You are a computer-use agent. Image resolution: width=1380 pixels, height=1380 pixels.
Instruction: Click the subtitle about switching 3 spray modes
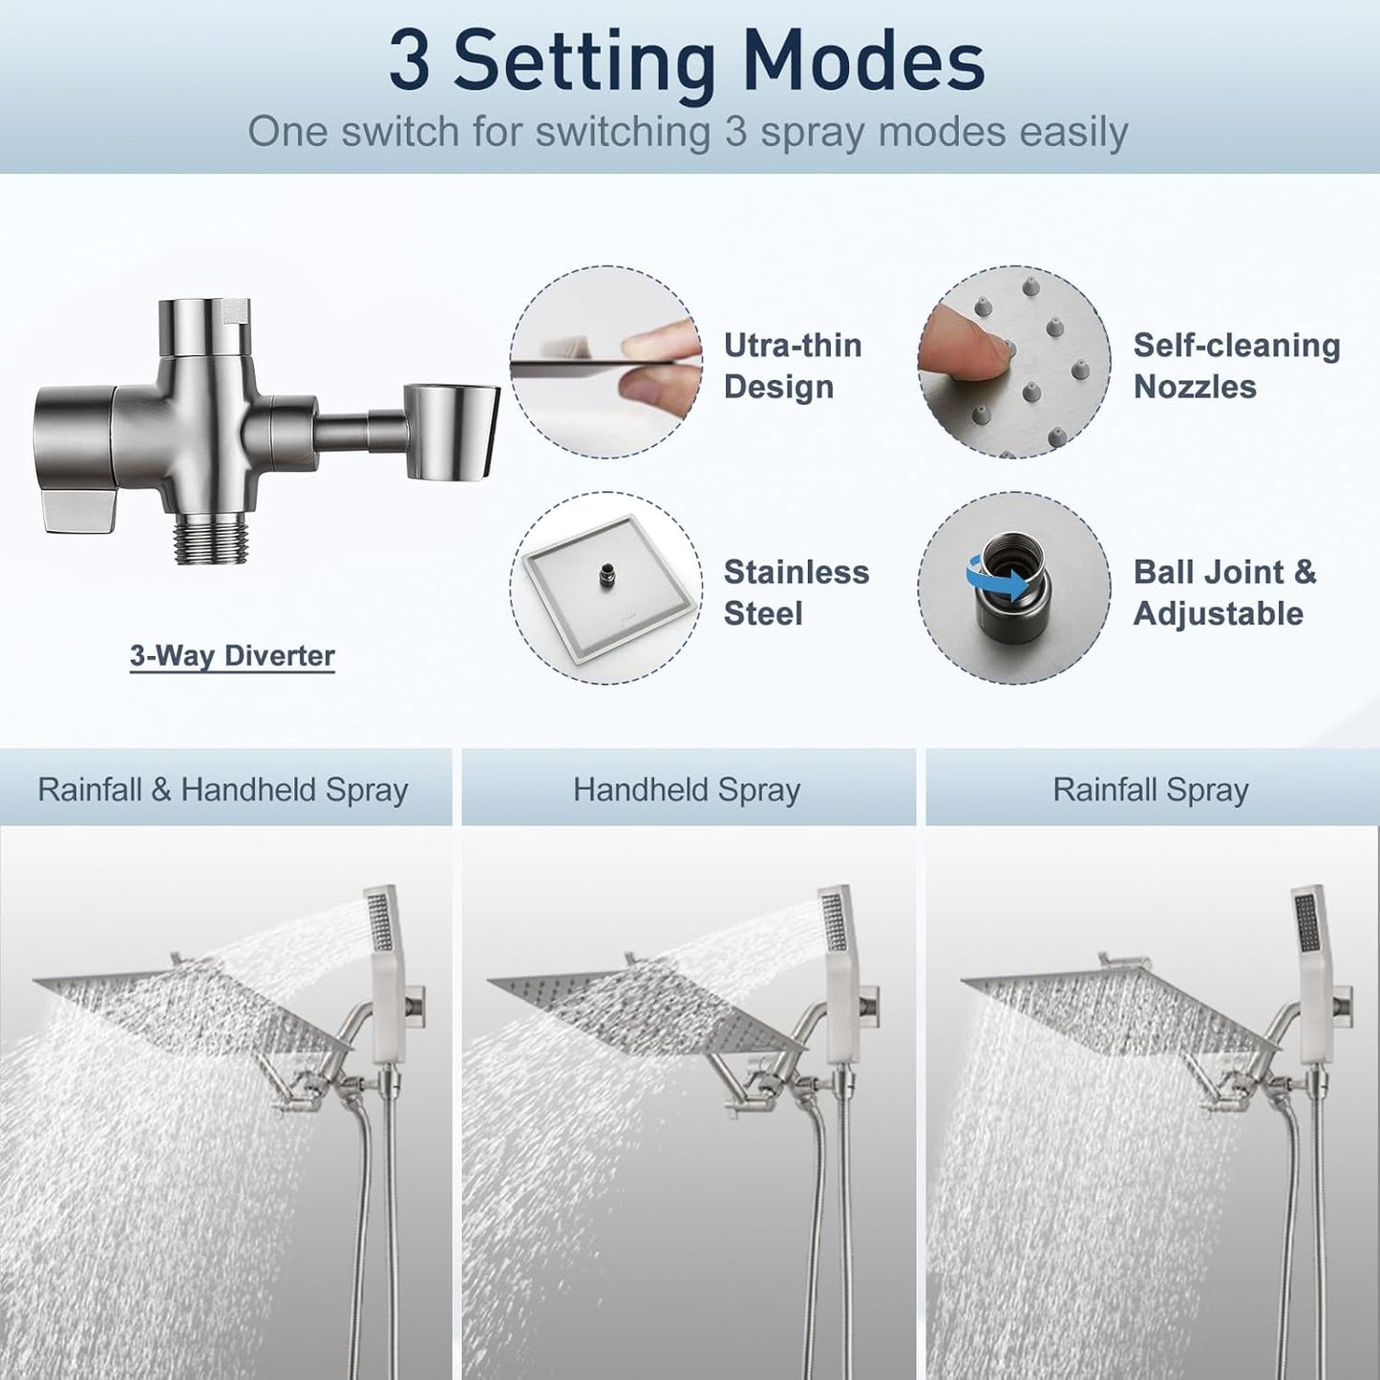click(688, 132)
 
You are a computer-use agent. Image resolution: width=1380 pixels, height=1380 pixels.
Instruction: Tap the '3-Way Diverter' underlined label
click(232, 656)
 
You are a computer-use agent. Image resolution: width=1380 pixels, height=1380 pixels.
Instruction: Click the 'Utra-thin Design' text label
click(793, 366)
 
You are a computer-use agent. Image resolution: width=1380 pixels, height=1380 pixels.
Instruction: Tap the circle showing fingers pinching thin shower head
click(605, 362)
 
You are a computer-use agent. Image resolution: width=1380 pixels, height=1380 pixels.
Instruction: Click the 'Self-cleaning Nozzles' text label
click(1236, 366)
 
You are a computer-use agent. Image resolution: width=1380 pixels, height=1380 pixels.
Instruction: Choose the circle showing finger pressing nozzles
click(1014, 362)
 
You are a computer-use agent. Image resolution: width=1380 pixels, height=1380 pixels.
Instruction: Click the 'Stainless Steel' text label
click(796, 592)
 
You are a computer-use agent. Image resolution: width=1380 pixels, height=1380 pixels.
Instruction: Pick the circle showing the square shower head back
click(605, 586)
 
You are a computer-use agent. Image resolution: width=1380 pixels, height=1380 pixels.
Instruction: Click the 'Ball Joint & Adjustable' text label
click(1224, 592)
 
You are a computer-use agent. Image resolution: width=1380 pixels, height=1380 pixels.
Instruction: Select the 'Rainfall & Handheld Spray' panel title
click(223, 790)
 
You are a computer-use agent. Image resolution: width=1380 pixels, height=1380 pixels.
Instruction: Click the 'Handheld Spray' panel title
click(687, 790)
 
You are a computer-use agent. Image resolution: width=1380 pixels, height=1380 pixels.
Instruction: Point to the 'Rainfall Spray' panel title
click(1151, 790)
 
